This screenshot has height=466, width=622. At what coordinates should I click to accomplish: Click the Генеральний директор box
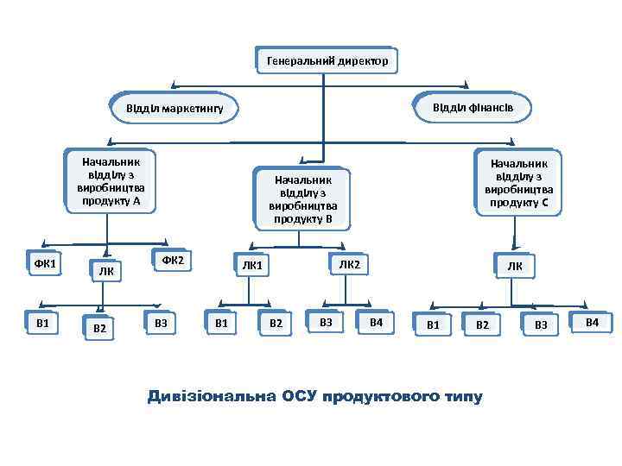pos(327,61)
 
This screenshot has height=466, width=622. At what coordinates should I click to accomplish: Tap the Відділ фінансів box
pos(473,106)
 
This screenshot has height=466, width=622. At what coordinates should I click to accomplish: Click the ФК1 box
pos(45,262)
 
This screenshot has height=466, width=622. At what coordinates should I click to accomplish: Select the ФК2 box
pos(172,260)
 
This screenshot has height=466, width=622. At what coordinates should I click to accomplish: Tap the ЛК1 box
pos(251,266)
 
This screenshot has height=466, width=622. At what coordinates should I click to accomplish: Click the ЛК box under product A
pos(106,271)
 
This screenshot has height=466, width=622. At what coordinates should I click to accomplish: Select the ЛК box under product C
pos(515,266)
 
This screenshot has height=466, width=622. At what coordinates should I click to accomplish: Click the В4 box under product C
pos(592,322)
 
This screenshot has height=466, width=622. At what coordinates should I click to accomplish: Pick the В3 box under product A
pos(160,323)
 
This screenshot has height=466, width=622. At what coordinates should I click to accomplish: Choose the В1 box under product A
pos(42,323)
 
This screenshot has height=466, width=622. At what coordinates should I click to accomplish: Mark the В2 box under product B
pos(276,324)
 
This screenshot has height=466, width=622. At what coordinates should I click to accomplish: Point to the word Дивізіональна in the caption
pos(212,397)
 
